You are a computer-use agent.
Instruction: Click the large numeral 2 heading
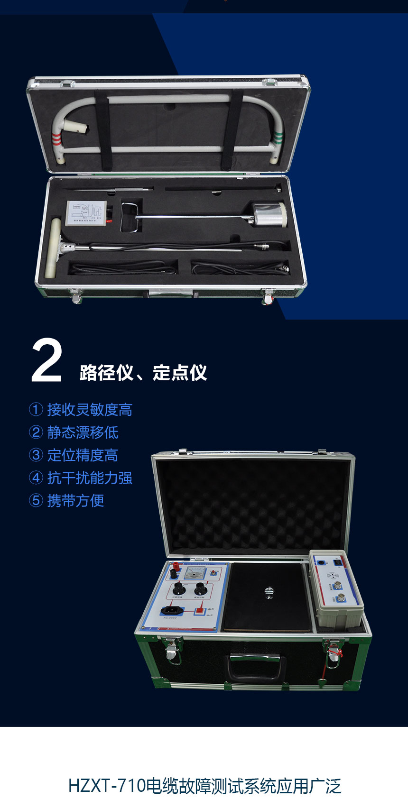[x=46, y=360]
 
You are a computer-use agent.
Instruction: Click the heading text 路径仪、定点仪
[x=143, y=373]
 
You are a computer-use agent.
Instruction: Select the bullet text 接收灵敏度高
[x=89, y=410]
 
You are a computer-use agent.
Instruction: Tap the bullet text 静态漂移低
[x=83, y=432]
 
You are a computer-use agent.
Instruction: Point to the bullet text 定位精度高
[x=83, y=455]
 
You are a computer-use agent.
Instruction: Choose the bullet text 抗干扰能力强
[x=89, y=478]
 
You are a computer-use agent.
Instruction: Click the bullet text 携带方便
[x=75, y=501]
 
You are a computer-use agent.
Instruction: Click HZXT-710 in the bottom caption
[x=107, y=786]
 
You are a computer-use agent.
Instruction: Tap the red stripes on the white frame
[x=56, y=138]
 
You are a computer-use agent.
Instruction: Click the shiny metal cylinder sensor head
[x=269, y=215]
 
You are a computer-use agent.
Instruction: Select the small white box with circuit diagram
[x=87, y=213]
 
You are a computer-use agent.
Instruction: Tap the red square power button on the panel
[x=199, y=612]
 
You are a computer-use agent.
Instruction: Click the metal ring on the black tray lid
[x=269, y=592]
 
